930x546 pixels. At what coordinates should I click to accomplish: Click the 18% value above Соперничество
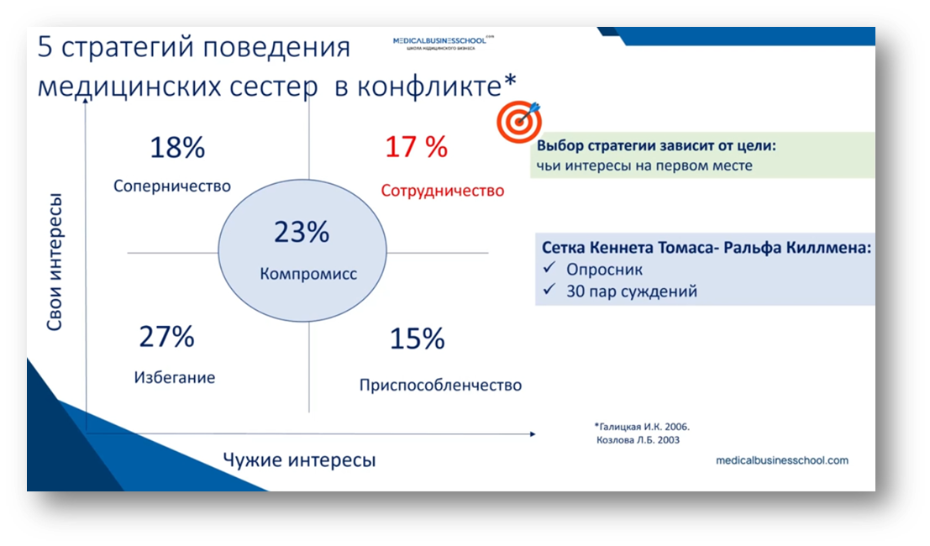(x=177, y=148)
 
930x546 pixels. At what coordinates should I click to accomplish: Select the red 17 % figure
(x=417, y=147)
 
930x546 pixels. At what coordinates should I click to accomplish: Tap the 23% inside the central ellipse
(x=302, y=232)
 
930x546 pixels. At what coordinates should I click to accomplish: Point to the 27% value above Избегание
(x=166, y=337)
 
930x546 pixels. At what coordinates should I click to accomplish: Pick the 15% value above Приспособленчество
(x=417, y=339)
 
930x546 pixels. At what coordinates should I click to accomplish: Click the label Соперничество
(x=172, y=186)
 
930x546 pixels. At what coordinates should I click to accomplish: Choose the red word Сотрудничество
(x=443, y=191)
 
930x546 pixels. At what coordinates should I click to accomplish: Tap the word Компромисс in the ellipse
(x=308, y=274)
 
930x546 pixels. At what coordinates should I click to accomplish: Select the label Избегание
(x=175, y=378)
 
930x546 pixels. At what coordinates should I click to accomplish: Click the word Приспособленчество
(x=441, y=386)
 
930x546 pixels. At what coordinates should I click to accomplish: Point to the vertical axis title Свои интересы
(x=55, y=261)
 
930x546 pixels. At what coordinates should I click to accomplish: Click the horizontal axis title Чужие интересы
(x=300, y=460)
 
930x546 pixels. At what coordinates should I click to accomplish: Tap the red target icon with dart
(x=519, y=122)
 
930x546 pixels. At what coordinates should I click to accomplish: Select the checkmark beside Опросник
(x=549, y=268)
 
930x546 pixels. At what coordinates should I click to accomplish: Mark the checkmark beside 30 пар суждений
(x=549, y=289)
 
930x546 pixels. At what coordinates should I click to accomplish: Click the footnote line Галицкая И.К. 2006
(x=642, y=427)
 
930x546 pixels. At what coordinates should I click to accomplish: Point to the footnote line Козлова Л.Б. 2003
(x=638, y=440)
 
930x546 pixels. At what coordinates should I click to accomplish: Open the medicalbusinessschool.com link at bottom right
(x=782, y=460)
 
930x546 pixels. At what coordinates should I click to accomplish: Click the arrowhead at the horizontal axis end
(x=533, y=434)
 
